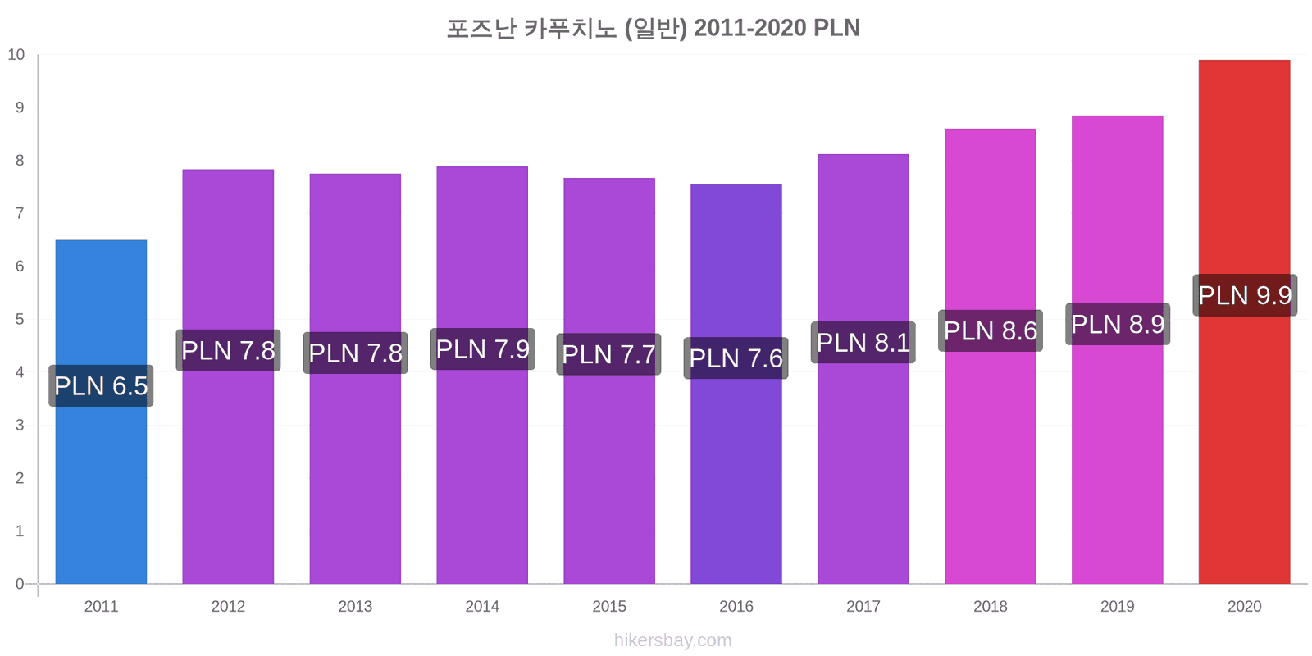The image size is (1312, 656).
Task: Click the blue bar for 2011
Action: (101, 412)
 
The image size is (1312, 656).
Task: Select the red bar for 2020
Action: (1244, 321)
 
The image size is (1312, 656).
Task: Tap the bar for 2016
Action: (736, 384)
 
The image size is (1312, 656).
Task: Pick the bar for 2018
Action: (990, 356)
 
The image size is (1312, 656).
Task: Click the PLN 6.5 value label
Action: (101, 386)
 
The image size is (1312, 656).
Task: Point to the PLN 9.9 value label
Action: (1245, 295)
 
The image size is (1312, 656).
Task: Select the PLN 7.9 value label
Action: (483, 349)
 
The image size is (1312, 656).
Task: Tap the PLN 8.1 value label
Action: (863, 343)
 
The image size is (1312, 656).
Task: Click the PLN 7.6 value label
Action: (736, 358)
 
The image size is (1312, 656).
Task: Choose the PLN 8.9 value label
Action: (1118, 324)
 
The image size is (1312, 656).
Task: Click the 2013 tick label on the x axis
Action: (355, 606)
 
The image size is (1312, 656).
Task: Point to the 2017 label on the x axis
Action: (863, 606)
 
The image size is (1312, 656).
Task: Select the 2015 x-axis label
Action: (609, 606)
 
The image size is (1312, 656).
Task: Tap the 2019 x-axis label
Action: (1117, 606)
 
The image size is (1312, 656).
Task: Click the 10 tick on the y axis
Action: (16, 54)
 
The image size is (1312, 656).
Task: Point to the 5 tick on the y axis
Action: (20, 319)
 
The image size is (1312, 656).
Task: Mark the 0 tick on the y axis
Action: (20, 583)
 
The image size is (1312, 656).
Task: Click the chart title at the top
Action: (653, 28)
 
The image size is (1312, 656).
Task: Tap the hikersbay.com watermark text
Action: (673, 640)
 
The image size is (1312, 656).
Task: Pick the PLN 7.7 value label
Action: (609, 354)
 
